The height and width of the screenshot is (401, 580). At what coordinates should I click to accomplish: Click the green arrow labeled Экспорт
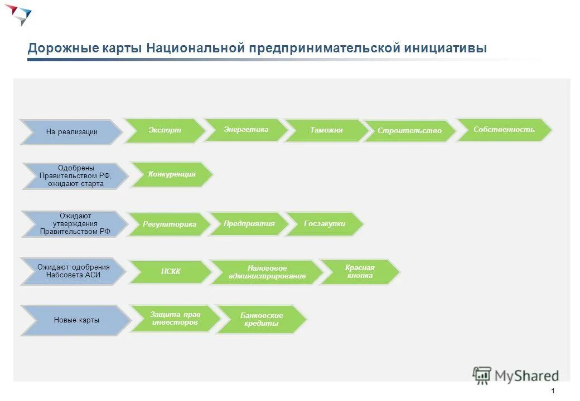165,130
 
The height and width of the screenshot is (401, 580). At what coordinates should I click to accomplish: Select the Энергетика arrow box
246,130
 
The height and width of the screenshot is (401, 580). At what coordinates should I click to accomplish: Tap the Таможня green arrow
327,130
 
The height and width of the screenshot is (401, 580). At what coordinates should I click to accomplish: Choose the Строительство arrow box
409,131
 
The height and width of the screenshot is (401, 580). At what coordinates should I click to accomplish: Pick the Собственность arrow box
504,130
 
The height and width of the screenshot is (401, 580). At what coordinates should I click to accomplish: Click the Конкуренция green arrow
172,174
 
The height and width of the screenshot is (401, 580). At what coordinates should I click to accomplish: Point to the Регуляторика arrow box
170,224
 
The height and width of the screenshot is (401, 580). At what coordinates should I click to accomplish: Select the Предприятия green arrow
249,224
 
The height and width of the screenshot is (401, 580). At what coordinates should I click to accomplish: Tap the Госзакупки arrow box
325,224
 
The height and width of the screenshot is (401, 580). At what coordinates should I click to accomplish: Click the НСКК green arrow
171,272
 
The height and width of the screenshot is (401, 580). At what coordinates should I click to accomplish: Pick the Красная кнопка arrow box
360,272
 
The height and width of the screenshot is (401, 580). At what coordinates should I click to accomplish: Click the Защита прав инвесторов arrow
175,319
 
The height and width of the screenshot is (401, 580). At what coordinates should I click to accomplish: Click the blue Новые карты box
76,320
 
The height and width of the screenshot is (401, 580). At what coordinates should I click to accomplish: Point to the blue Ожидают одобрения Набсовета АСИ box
74,271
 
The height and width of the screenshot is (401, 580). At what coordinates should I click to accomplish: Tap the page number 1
552,390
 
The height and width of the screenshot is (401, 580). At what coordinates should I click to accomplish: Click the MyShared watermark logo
515,376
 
